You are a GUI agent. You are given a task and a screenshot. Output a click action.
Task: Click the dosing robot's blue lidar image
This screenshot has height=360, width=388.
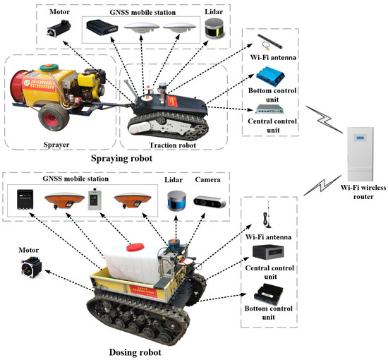pyautogui.click(x=175, y=203)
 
